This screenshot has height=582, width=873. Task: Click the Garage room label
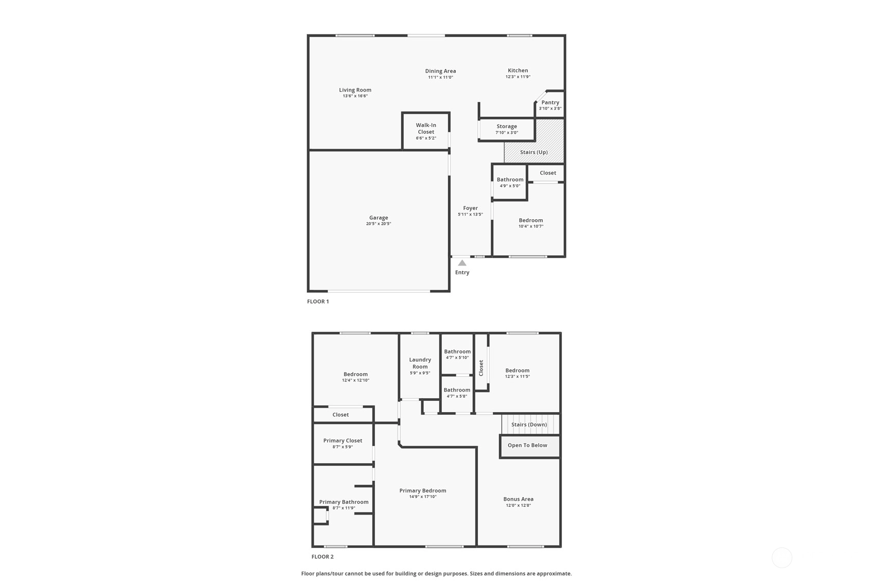379,218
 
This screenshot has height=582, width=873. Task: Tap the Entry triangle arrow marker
462,263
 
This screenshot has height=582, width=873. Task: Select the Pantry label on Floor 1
550,102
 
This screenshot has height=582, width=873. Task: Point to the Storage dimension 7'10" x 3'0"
507,133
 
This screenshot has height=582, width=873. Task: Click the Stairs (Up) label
534,152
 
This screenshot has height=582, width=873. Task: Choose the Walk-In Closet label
426,128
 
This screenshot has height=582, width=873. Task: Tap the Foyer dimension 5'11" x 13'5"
470,215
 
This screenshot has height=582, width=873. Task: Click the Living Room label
355,90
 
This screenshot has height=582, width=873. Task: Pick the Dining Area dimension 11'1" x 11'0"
440,77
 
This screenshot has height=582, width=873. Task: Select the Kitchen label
518,70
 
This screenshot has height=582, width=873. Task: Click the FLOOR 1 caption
318,302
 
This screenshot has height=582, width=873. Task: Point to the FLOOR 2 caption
323,557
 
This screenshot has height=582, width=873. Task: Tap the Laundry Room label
420,363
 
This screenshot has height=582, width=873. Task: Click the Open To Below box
530,446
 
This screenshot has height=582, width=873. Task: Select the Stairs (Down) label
529,425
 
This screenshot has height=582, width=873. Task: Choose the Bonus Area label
519,499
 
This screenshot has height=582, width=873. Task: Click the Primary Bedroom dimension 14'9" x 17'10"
423,497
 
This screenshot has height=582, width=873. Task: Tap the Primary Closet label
343,440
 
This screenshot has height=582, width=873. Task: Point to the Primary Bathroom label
344,502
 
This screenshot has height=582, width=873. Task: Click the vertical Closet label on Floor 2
481,368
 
